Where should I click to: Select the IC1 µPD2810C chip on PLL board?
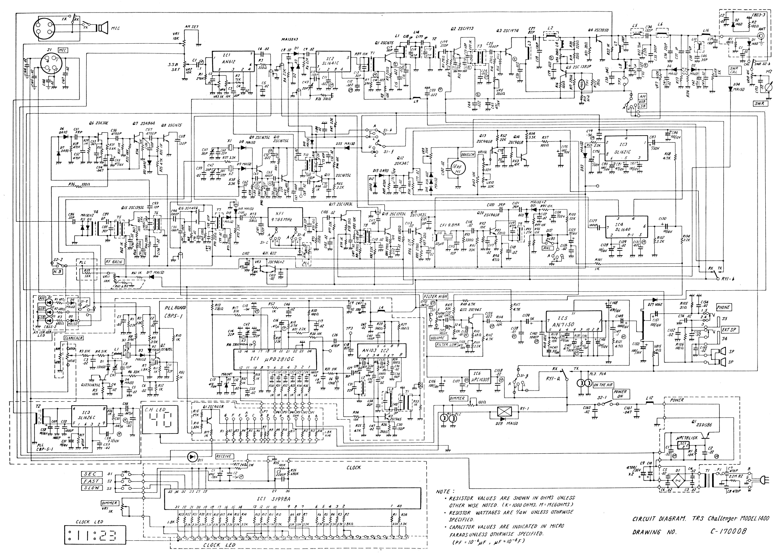click(x=275, y=359)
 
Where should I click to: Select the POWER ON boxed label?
click(x=620, y=394)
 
